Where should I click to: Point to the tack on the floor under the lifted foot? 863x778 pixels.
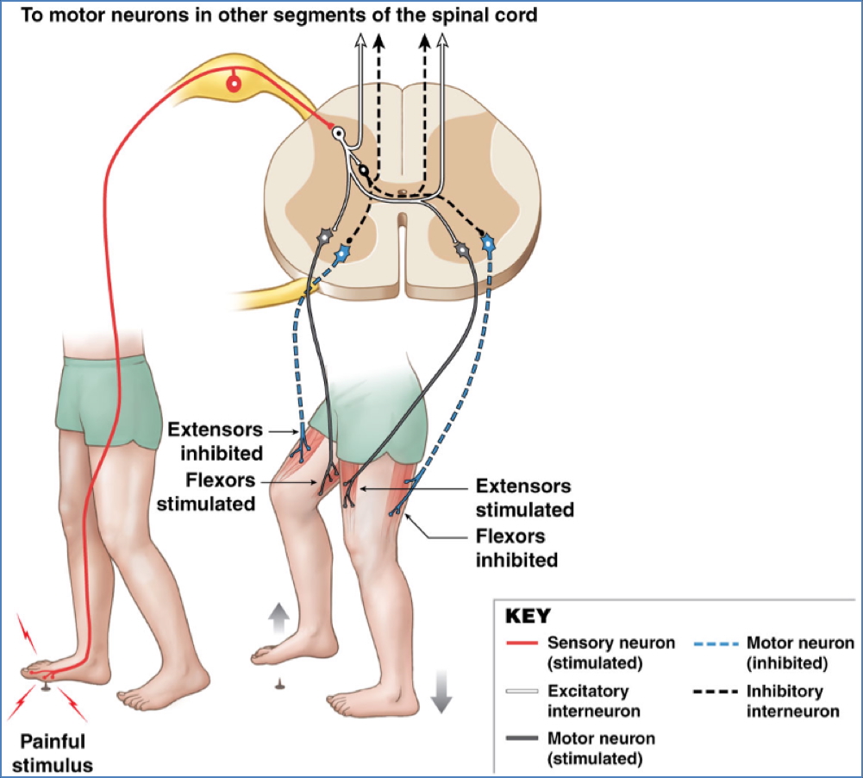(x=278, y=684)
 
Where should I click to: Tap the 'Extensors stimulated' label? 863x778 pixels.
(x=524, y=499)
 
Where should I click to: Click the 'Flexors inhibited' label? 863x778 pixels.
(x=516, y=549)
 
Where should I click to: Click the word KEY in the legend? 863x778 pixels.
(x=527, y=617)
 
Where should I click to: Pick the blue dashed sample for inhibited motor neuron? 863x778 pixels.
(x=716, y=643)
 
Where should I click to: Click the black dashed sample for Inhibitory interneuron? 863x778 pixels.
(x=716, y=692)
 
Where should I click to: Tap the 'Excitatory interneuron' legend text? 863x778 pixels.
(x=588, y=700)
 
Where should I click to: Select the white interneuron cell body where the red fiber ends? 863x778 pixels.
(x=340, y=134)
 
